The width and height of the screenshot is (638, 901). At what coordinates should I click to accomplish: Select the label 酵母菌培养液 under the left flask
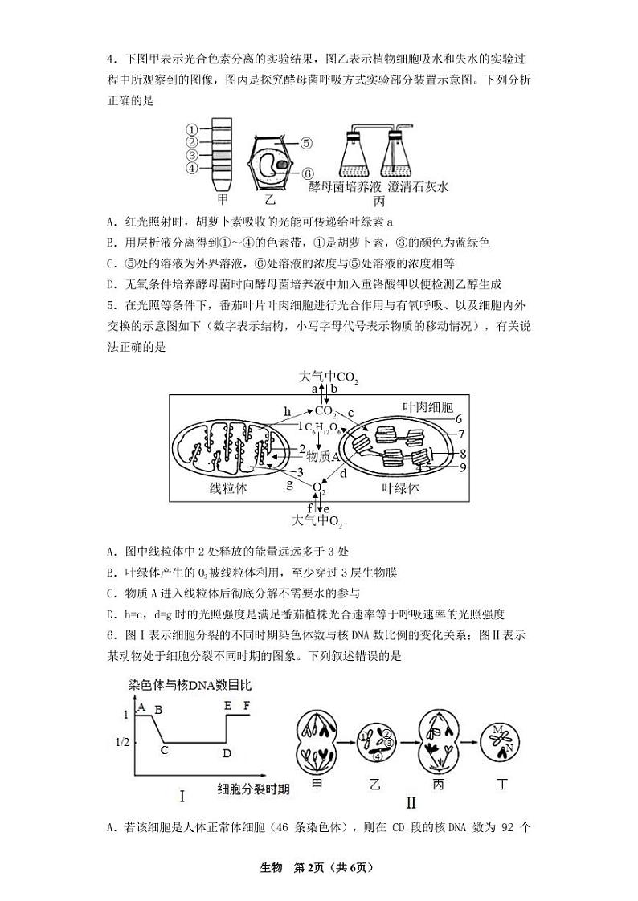click(x=336, y=186)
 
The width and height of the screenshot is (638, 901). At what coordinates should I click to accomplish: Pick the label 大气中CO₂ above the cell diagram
click(x=329, y=377)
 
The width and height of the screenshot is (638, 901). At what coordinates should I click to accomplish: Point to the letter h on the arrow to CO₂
click(x=287, y=411)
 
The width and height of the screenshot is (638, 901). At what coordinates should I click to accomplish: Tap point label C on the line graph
click(x=164, y=750)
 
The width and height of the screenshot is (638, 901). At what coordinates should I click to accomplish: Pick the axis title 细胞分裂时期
click(x=253, y=789)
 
